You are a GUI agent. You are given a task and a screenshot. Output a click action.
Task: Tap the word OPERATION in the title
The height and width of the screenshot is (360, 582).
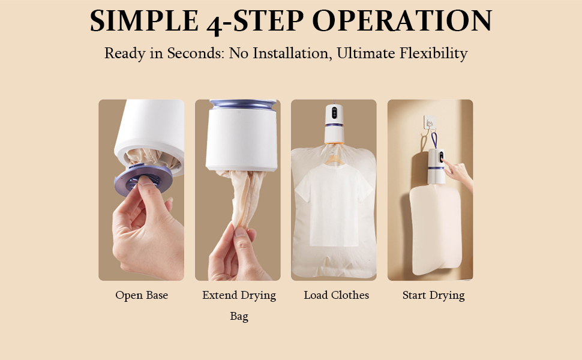[x=402, y=21]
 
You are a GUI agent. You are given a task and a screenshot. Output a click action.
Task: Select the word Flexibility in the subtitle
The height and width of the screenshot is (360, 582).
[x=433, y=53]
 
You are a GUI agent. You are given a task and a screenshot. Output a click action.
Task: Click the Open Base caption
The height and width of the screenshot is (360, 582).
[x=142, y=295]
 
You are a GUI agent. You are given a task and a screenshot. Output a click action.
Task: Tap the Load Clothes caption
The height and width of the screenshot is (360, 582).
[x=336, y=295]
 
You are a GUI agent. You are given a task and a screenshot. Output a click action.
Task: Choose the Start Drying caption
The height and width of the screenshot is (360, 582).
[x=433, y=295]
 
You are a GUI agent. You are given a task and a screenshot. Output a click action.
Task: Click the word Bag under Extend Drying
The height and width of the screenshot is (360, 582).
[x=239, y=316]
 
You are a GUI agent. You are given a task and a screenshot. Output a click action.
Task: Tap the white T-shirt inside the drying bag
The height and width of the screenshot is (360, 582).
[x=334, y=207]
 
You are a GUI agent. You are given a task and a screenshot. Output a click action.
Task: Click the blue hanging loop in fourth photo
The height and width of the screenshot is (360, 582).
[x=434, y=141]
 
